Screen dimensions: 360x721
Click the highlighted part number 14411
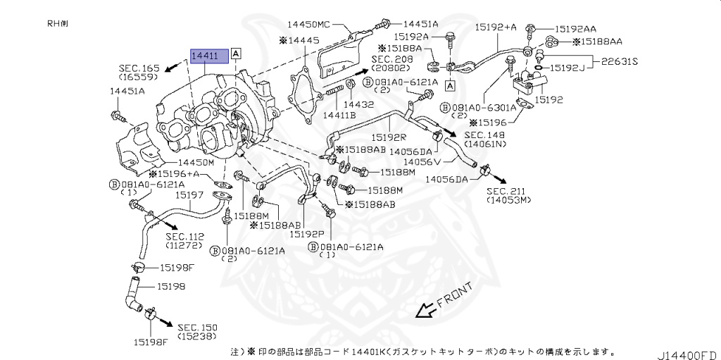point(208,56)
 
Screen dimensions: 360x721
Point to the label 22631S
point(619,61)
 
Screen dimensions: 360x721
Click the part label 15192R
point(389,138)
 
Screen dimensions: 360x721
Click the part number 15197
point(189,194)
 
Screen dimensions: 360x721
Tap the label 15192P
point(307,234)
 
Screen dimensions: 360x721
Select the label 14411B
point(339,115)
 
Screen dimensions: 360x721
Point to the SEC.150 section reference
point(198,328)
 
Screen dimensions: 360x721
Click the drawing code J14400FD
point(689,353)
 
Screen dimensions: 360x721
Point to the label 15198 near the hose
point(171,287)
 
